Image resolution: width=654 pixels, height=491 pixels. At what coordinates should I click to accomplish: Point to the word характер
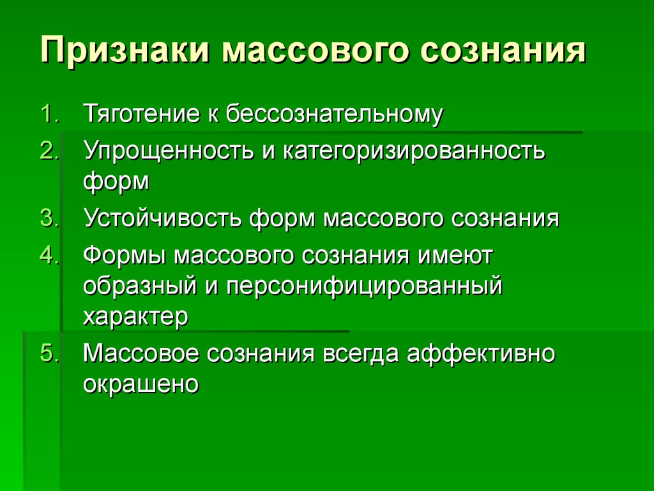[x=135, y=316]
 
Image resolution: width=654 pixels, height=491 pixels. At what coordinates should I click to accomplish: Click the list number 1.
[x=50, y=114]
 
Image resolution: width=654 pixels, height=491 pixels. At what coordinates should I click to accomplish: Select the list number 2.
[x=49, y=152]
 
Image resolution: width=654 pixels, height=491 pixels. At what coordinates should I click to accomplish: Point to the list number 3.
[x=49, y=218]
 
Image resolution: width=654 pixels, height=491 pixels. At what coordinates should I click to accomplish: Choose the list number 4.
[x=49, y=256]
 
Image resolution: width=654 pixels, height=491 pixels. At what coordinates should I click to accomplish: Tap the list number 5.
[x=49, y=354]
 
